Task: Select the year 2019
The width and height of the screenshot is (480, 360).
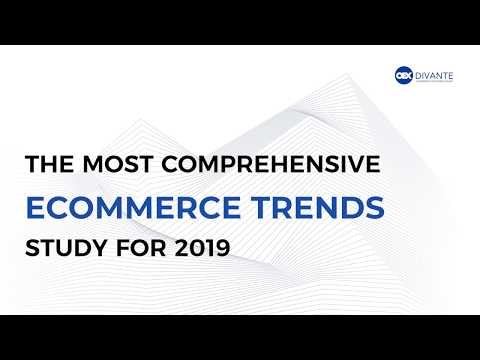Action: (197, 243)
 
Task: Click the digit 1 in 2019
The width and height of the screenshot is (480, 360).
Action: (203, 243)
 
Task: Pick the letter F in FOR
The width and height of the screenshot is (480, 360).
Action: (127, 243)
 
